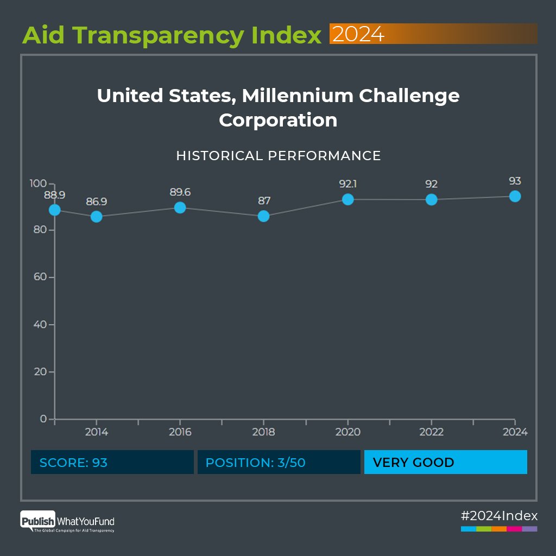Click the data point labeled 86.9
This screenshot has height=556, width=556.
(x=97, y=217)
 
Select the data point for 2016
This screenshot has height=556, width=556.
(x=180, y=207)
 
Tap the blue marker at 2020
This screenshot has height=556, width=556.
(x=347, y=199)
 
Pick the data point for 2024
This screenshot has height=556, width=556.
(x=515, y=196)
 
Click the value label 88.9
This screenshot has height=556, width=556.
(x=54, y=195)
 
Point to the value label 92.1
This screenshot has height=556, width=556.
(x=347, y=184)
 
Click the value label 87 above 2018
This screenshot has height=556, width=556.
(x=264, y=201)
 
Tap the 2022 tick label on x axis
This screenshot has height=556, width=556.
(x=431, y=432)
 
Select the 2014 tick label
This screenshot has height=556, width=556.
(x=97, y=432)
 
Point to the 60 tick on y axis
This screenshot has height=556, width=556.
(x=40, y=277)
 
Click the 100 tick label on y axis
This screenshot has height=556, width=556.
(x=37, y=183)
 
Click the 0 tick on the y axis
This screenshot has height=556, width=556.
(x=43, y=419)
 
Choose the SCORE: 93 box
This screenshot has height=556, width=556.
(x=112, y=462)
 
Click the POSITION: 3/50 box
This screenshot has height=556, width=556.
(x=279, y=462)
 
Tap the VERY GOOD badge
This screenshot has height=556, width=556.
(x=445, y=462)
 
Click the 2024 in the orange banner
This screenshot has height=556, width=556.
(x=358, y=34)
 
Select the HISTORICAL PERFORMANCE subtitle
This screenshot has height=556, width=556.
(x=279, y=156)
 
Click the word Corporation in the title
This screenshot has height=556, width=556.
(x=278, y=120)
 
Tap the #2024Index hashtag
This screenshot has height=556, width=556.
(x=499, y=515)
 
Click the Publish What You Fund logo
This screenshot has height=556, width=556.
(x=67, y=522)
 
